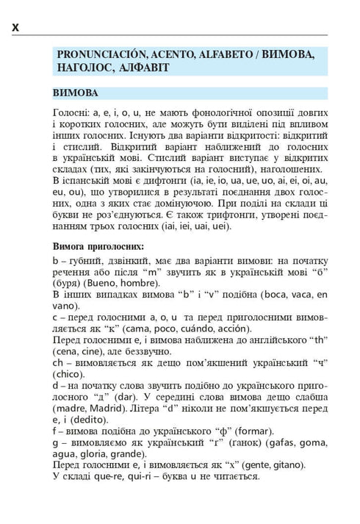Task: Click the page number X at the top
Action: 16,28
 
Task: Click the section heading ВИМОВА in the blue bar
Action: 76,93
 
